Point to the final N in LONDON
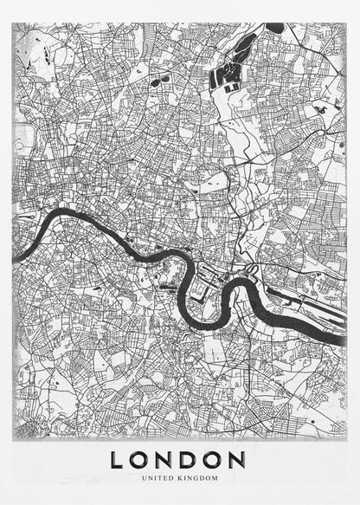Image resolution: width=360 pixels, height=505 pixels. (x=239, y=459)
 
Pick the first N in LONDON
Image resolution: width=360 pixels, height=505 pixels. (x=166, y=459)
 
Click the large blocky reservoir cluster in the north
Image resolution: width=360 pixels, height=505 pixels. (x=227, y=75)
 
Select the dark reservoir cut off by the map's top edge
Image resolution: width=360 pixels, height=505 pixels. (x=275, y=28)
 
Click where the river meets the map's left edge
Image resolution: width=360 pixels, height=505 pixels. (x=15, y=258)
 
